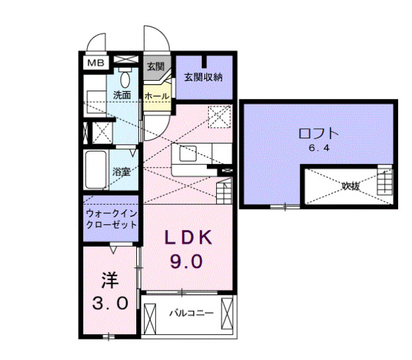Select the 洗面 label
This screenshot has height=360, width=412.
[122, 95]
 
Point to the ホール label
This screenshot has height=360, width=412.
[156, 96]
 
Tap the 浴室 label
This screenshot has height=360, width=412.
[121, 171]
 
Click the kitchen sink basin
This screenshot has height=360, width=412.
[188, 154]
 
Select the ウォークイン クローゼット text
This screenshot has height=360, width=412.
[111, 219]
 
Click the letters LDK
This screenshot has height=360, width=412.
[187, 237]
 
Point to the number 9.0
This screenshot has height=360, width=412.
[187, 261]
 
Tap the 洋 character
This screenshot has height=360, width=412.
[108, 280]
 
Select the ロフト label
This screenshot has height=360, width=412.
[318, 132]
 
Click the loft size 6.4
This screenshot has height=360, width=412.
[318, 148]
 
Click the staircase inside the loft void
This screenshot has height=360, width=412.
[384, 181]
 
